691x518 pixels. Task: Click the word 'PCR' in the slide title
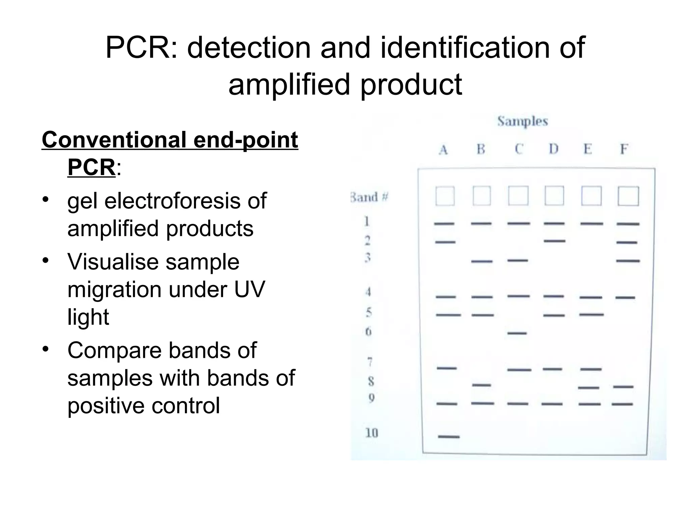point(141,48)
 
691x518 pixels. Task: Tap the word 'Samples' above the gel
point(522,121)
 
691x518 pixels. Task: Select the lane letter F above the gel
point(624,149)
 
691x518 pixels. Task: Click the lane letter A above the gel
point(443,149)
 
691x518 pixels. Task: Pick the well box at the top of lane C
point(518,196)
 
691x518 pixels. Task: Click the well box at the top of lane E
point(591,196)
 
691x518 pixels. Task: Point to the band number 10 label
point(372,433)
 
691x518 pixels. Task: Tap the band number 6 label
point(368,332)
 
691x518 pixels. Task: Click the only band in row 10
point(449,437)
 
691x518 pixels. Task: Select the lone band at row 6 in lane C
point(517,333)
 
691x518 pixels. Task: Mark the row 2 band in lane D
point(554,241)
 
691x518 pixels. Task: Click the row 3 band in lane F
point(628,261)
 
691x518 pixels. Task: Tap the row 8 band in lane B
point(481,385)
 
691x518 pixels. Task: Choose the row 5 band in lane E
point(591,315)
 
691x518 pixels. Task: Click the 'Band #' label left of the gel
point(369,197)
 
